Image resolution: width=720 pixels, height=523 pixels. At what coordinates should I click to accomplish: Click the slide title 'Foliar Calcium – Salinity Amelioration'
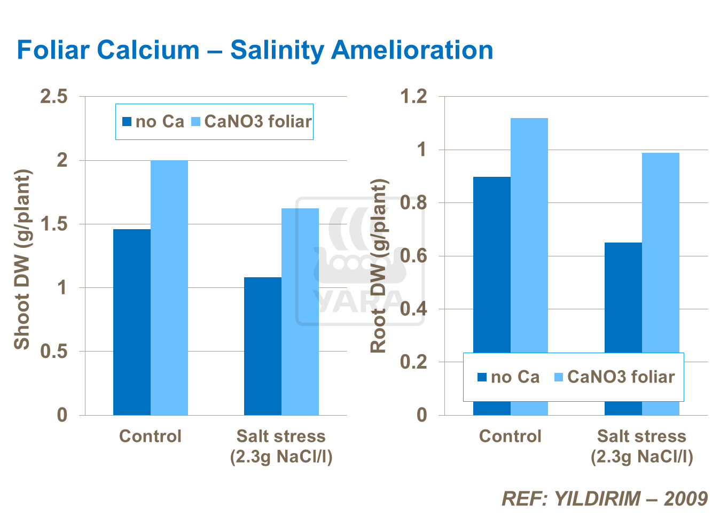tap(255, 50)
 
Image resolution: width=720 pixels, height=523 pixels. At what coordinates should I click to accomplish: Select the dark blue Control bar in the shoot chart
tap(132, 322)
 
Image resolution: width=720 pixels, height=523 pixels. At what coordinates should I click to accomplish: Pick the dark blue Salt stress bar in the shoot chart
tap(263, 346)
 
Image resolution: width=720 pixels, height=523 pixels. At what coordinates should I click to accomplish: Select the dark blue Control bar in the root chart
tap(492, 267)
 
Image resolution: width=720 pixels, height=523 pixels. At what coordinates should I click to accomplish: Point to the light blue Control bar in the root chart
tap(529, 235)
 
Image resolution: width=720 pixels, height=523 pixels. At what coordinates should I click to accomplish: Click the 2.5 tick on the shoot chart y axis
tap(54, 97)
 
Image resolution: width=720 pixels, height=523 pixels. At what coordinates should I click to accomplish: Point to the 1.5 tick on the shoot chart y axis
tap(54, 224)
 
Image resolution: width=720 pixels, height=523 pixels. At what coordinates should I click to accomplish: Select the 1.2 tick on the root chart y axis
tap(414, 97)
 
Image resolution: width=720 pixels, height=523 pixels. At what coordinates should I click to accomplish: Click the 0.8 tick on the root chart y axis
tap(414, 203)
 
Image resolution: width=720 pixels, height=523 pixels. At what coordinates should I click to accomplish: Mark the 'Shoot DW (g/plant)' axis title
tap(22, 260)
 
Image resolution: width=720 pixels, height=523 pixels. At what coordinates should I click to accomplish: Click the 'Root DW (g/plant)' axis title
tap(379, 266)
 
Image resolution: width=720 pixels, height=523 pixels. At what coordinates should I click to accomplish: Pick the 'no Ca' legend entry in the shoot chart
tap(153, 122)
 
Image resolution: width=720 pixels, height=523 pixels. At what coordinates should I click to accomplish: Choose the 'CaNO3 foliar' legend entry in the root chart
tap(615, 377)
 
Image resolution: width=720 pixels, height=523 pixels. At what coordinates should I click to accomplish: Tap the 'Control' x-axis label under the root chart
tap(510, 436)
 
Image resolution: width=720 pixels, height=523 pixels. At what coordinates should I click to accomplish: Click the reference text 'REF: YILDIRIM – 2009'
tap(605, 498)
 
